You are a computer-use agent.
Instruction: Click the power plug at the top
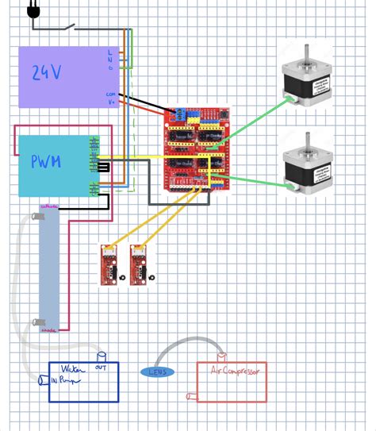pos(33,10)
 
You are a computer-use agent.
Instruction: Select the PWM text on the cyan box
pos(47,162)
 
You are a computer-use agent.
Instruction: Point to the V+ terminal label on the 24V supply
pos(111,101)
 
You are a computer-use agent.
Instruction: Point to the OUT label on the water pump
pos(102,368)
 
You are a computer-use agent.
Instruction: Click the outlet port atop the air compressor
pos(221,357)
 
